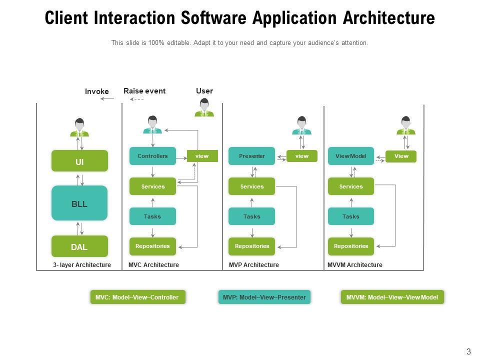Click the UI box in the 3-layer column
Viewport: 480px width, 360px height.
pos(79,160)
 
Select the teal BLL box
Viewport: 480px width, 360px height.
pos(79,203)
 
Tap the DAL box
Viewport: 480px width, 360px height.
pos(79,246)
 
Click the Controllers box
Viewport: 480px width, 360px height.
pos(152,156)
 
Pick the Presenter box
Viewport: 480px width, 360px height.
pos(251,156)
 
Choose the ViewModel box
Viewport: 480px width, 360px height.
pos(351,156)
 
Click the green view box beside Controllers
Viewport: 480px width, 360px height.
pos(202,156)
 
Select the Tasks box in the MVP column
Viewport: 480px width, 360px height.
pos(251,216)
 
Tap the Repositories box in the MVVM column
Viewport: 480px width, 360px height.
pos(351,246)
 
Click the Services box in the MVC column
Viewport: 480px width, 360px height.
pos(152,186)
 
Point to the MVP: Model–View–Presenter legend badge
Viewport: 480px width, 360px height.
pos(264,297)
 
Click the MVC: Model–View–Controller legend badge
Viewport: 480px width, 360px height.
pos(138,297)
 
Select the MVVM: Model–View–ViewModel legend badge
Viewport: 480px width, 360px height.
pos(392,297)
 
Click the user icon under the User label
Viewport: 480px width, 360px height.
pos(204,107)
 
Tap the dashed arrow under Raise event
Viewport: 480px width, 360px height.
pos(136,99)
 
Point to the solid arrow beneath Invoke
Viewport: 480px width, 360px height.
pos(107,99)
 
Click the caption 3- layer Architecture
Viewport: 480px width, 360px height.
pos(82,265)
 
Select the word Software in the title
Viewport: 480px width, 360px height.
pos(213,18)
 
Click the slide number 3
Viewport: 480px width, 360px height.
pos(468,351)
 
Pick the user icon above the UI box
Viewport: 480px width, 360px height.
pos(79,127)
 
